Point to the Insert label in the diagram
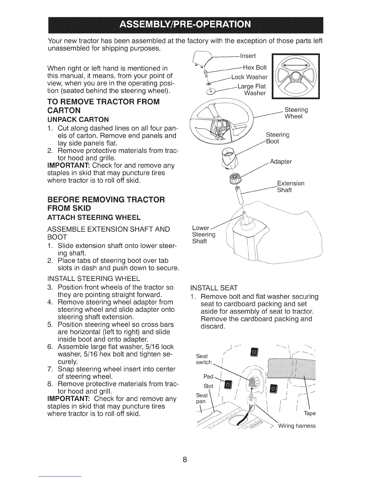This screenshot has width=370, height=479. (248, 56)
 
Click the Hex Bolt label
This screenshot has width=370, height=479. (255, 67)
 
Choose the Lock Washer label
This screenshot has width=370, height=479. (249, 77)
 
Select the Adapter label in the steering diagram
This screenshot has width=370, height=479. (281, 161)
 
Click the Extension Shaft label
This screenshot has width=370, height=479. (290, 187)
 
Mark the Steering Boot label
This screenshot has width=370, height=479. (277, 138)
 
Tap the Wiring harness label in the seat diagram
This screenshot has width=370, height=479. (297, 426)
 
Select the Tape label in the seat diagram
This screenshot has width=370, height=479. (310, 413)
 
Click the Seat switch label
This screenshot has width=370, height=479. (204, 359)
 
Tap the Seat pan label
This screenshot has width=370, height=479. (202, 398)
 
